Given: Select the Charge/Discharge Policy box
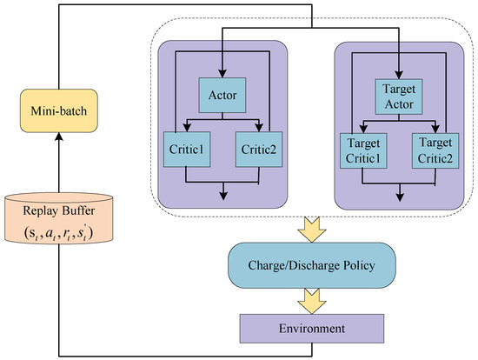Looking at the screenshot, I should [x=312, y=262].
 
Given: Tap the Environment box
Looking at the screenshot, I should [x=312, y=329].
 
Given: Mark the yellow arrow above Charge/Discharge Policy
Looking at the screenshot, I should [x=312, y=228].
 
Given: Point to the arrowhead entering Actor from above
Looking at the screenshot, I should [x=222, y=74].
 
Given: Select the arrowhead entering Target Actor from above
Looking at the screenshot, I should [x=399, y=74].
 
